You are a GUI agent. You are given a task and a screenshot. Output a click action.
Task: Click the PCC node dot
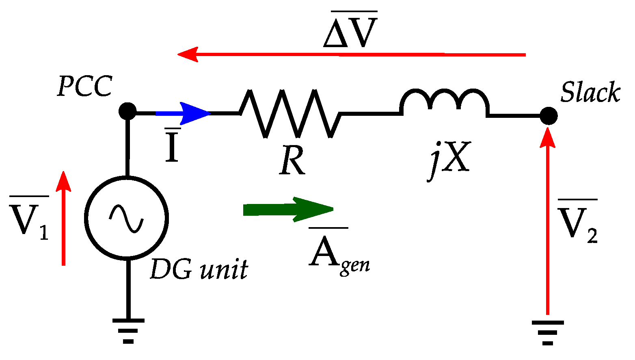[x=127, y=111]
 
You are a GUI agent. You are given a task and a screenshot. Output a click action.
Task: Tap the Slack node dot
[x=549, y=116]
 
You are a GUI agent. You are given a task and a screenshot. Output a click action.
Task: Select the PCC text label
[x=84, y=86]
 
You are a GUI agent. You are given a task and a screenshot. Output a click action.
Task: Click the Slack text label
[x=590, y=92]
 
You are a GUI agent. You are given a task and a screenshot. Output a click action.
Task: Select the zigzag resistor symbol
[x=290, y=113]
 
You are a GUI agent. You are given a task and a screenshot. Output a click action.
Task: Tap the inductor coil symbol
[x=444, y=102]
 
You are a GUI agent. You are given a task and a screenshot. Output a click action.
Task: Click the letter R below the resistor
[x=292, y=160]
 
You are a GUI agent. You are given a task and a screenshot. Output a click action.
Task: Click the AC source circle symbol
[x=127, y=218]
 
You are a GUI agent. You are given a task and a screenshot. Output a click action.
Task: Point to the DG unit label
[x=199, y=269]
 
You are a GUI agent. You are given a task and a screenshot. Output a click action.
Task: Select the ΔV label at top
[x=350, y=30]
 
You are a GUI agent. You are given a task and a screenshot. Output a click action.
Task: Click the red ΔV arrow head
[x=188, y=54]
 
